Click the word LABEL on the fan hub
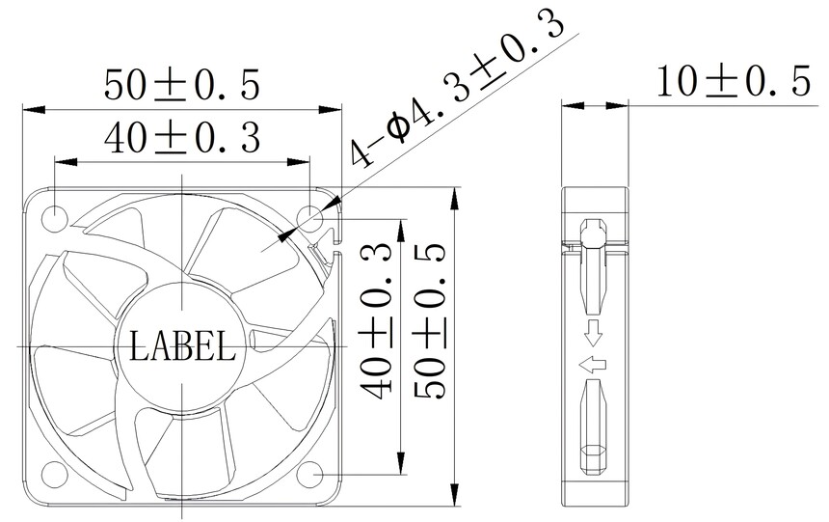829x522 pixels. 182,345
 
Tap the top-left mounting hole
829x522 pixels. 56,218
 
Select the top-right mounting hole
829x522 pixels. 310,218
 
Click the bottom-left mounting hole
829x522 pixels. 55,474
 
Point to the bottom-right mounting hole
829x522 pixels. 310,474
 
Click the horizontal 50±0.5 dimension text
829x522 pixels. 182,84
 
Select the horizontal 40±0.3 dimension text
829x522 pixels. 182,138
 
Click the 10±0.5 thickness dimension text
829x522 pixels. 733,81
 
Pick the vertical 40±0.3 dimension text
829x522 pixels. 376,320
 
